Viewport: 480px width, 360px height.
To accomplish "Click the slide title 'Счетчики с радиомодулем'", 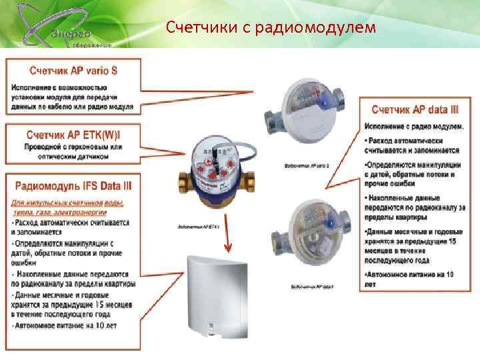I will pos(271,27).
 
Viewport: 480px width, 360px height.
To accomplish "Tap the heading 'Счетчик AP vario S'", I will pos(73,69).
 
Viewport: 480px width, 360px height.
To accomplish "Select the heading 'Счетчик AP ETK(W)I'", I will pos(73,135).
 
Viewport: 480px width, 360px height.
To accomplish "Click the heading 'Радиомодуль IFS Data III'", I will pos(73,185).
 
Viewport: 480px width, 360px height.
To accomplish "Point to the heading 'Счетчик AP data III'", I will pos(415,109).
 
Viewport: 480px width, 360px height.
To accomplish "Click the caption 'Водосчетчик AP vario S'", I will pos(307,165).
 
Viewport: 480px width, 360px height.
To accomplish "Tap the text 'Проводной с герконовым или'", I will pos(73,147).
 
